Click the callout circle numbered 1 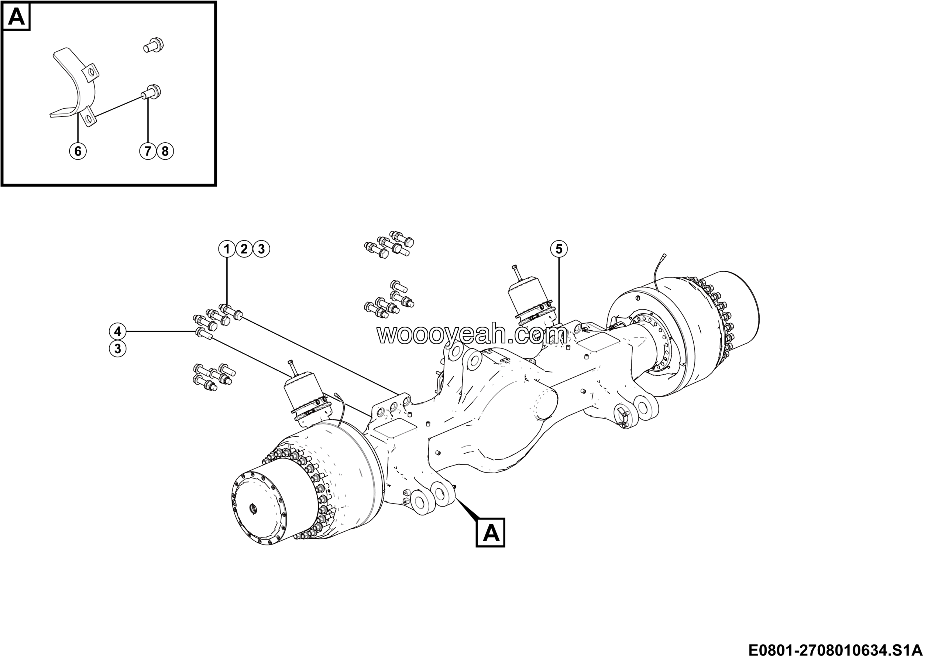(x=226, y=249)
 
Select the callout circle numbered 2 (x=244, y=249)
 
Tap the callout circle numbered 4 (x=118, y=331)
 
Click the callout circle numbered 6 (x=78, y=151)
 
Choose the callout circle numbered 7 (x=148, y=151)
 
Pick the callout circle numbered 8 (x=165, y=151)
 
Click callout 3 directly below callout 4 (x=118, y=349)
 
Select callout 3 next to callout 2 (x=261, y=249)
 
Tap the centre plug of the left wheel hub (x=254, y=509)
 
